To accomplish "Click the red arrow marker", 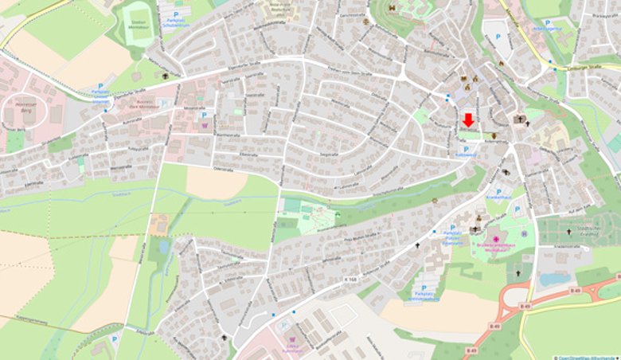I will click(468, 119).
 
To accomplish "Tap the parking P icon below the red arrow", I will click(466, 149).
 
